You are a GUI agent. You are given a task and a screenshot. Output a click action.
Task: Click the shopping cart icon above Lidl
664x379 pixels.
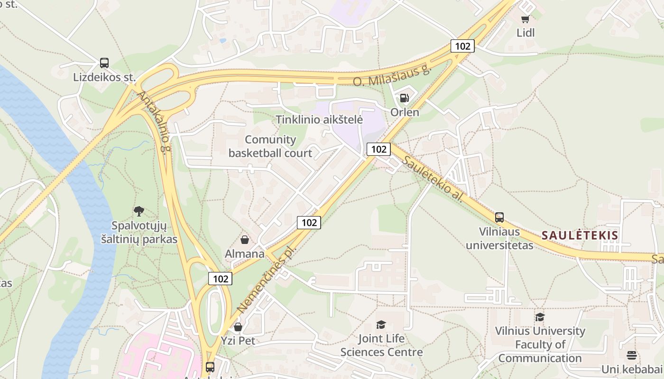click(525, 19)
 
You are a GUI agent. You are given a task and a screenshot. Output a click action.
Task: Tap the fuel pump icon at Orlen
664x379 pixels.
click(405, 98)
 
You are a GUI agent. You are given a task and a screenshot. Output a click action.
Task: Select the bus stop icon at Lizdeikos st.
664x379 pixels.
click(104, 63)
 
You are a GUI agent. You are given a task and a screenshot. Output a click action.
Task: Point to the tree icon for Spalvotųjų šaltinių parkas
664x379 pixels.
click(139, 211)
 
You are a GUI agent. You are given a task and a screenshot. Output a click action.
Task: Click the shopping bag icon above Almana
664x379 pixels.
click(245, 240)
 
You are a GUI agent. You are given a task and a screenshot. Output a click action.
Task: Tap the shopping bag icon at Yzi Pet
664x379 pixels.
click(238, 327)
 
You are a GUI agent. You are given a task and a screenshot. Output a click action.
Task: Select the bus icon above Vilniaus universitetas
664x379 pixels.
click(499, 217)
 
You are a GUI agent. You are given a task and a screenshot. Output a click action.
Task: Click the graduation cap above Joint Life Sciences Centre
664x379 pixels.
click(381, 325)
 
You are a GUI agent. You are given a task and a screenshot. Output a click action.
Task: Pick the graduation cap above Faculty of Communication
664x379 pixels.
click(540, 317)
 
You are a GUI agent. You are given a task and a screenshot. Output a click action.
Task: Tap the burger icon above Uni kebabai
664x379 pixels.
click(631, 355)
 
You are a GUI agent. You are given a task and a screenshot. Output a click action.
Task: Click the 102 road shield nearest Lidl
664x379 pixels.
click(462, 46)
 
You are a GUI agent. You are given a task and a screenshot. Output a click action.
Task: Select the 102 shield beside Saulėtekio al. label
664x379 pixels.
click(378, 149)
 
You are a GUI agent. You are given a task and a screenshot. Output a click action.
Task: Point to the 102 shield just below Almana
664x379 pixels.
click(221, 279)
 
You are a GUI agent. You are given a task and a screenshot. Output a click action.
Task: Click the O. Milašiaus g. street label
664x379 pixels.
click(392, 76)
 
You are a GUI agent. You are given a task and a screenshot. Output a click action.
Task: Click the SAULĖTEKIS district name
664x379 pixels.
click(580, 235)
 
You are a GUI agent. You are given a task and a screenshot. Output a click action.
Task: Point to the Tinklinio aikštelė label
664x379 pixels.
click(320, 119)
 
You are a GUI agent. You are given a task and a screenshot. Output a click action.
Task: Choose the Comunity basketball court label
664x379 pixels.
click(270, 146)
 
